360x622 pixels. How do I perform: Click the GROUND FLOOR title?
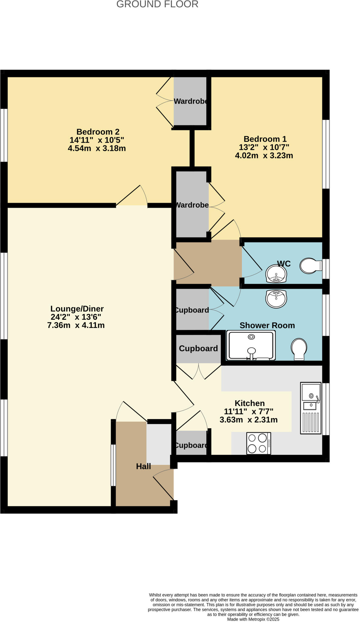[157, 4]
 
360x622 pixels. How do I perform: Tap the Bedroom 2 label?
[98, 132]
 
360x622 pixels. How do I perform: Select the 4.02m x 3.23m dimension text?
[264, 155]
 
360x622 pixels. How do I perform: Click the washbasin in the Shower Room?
[276, 299]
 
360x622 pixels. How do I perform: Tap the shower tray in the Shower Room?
[251, 346]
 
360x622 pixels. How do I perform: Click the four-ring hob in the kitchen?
[259, 443]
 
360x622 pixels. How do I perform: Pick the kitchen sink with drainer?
[311, 408]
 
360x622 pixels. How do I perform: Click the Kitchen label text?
[250, 403]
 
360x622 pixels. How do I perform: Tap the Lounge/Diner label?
[77, 309]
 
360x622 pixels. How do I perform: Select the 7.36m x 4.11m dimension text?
[76, 325]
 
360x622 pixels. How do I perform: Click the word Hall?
[143, 466]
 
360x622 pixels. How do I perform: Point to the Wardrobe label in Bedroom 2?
[191, 101]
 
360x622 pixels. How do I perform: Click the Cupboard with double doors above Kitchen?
[198, 348]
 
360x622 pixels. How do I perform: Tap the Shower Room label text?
[267, 325]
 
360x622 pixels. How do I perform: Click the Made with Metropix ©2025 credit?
[253, 619]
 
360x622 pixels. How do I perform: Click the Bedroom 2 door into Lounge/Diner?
[131, 196]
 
